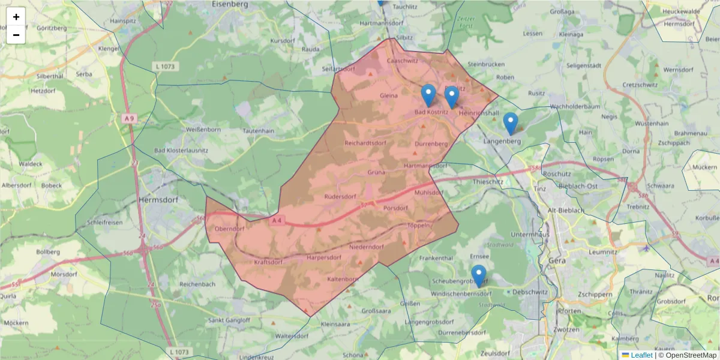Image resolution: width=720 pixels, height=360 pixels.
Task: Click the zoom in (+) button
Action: pos(16,17)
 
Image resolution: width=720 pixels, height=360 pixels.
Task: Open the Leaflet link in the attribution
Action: pos(641,355)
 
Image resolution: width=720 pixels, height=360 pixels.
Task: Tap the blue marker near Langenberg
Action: pos(511,124)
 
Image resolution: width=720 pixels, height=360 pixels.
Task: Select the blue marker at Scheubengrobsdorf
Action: pos(478,275)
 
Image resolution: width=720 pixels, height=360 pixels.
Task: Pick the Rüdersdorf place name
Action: pos(340,196)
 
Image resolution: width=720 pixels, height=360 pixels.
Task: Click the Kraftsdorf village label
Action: pos(268,262)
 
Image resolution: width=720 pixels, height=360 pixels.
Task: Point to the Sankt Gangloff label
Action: pos(229,320)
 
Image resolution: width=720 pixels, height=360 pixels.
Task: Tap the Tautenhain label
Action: pos(258,130)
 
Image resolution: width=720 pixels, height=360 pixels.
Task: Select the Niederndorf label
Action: pos(366,246)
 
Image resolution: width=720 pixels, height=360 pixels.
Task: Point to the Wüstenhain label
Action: pos(652,123)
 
